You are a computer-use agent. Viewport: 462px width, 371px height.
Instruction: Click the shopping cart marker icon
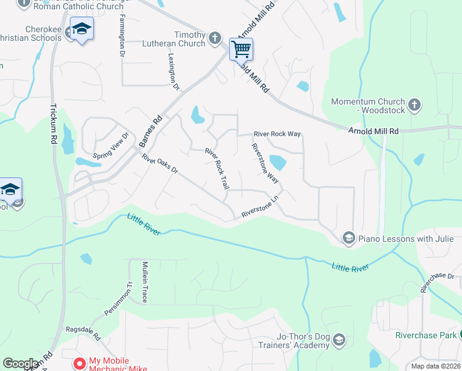pos(241,49)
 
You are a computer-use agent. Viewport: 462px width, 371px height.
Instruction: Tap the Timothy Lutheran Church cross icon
pos(215,38)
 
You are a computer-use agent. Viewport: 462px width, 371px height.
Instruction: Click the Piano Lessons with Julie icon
pos(348,238)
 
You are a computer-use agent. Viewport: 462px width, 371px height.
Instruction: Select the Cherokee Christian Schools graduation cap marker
pos(81,30)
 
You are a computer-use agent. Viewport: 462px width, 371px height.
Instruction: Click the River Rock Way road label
pos(277,134)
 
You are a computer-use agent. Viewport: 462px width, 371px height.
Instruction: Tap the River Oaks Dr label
pos(159,164)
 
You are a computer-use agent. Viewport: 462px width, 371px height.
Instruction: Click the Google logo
pos(21,364)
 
